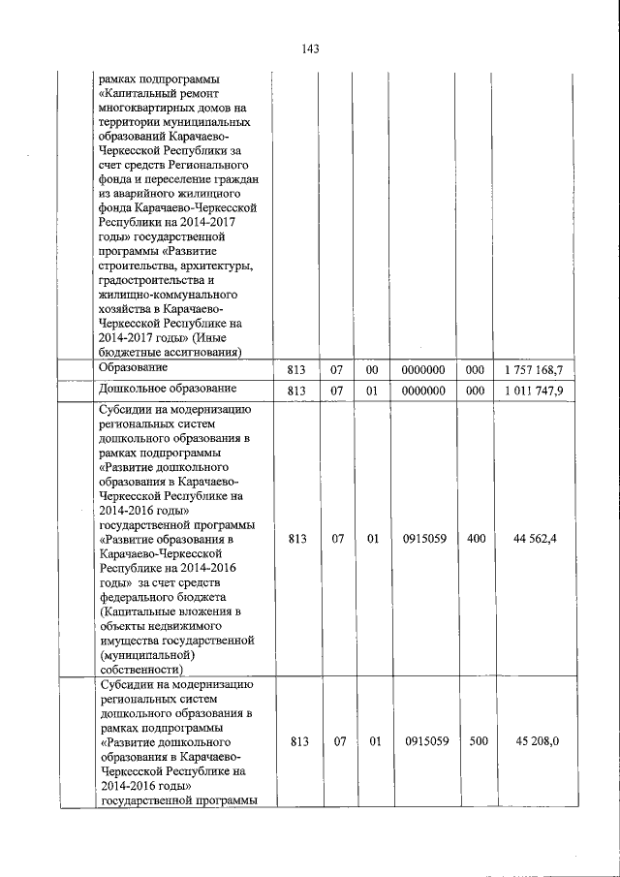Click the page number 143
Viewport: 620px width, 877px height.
tap(310, 48)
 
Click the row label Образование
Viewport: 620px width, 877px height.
tap(134, 367)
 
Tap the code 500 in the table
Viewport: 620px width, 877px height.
tap(476, 742)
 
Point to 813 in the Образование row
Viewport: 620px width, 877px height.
tap(297, 369)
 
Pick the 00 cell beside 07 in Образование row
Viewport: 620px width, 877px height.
tap(372, 369)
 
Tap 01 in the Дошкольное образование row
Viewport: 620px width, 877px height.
tap(372, 391)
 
